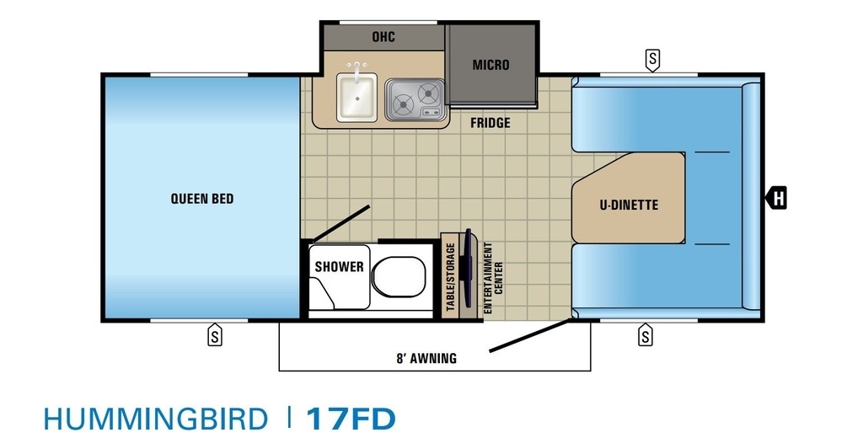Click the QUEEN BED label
pos(202,199)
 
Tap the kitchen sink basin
pos(356,98)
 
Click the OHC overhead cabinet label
pos(383,37)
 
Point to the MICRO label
pos(490,65)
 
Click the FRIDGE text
pos(490,123)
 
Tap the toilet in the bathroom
pos(399,274)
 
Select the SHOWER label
pos(339,267)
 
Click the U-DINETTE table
pos(628,198)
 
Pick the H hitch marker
pos(776,198)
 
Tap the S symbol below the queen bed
pos(215,334)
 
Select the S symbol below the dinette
pos(645,334)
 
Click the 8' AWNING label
pos(426,359)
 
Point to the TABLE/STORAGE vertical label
pos(451,277)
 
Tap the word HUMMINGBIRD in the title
pos(155,419)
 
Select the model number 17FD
pos(351,419)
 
